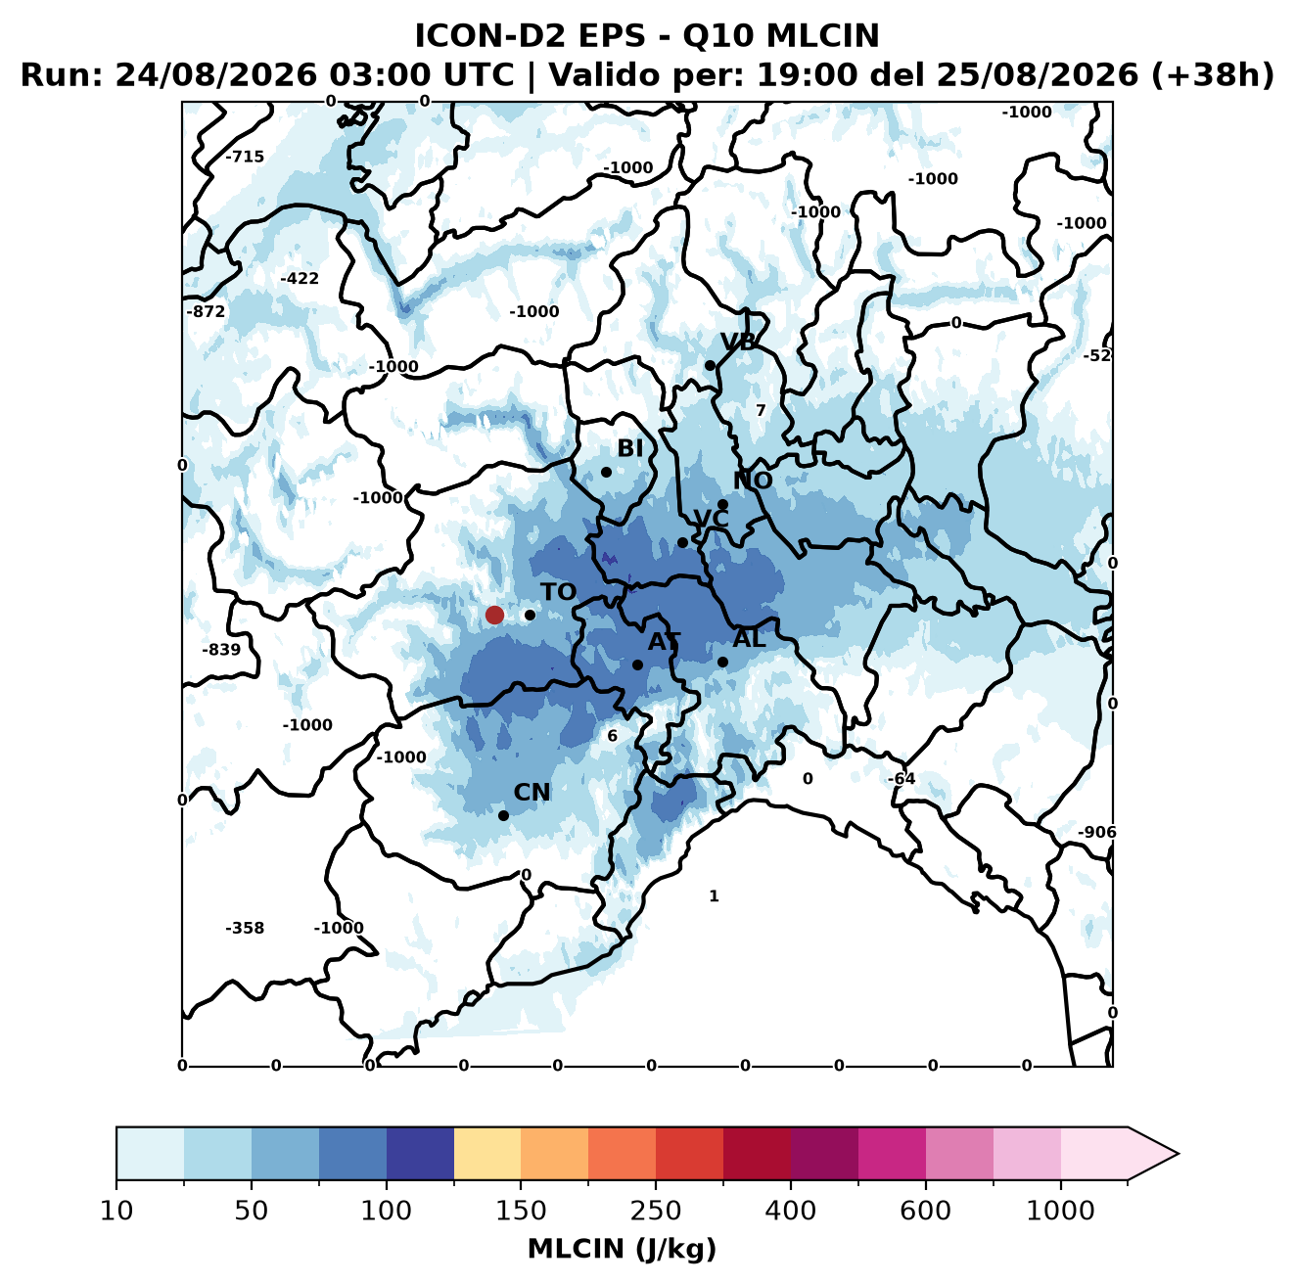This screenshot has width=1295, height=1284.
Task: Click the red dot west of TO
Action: [494, 615]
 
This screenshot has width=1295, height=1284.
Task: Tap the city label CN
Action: [532, 793]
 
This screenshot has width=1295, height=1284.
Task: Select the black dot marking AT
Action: [637, 665]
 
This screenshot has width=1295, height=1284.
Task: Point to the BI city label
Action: [629, 448]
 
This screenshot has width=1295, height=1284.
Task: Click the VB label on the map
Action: [738, 342]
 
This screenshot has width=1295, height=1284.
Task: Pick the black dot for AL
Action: [722, 662]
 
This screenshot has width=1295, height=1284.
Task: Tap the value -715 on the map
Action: [245, 157]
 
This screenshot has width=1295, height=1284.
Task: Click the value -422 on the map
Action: [300, 278]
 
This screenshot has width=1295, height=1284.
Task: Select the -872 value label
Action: [206, 312]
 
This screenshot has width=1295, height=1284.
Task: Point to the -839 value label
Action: [221, 650]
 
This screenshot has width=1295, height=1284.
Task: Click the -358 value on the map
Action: [245, 928]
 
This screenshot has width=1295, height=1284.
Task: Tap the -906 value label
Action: [1096, 833]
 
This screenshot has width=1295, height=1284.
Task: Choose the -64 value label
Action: [902, 779]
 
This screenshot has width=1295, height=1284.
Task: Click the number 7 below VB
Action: [761, 410]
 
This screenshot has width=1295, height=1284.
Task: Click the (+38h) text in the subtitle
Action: [1213, 75]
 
